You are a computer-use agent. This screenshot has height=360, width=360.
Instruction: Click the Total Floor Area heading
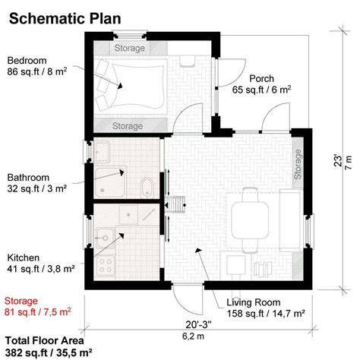[45, 340]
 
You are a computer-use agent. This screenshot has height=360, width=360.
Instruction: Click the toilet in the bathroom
[147, 186]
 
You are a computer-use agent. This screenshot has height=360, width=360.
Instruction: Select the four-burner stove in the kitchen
[106, 267]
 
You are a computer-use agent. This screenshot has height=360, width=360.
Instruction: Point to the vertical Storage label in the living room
[297, 164]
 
